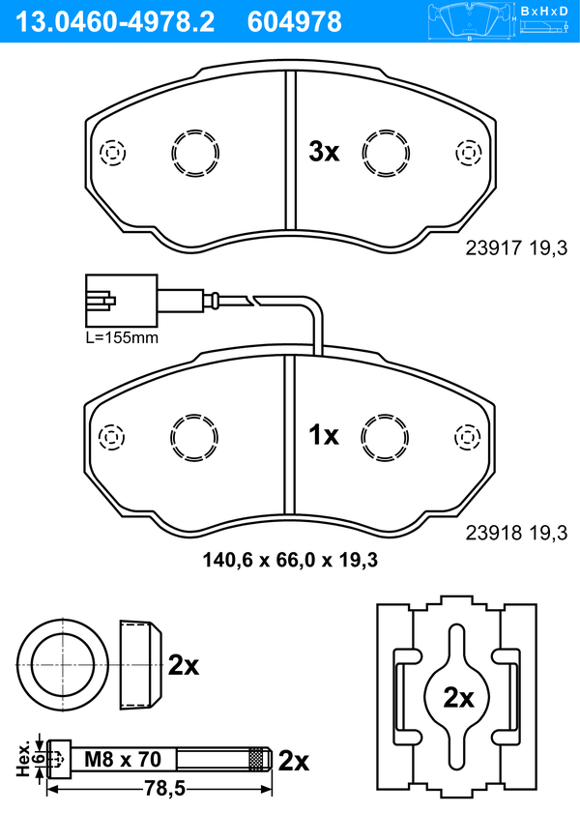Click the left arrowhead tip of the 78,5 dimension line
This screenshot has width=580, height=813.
click(47, 790)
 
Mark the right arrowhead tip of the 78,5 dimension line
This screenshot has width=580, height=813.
click(272, 790)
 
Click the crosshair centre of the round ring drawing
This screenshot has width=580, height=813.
click(63, 665)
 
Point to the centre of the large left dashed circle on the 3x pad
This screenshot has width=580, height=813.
click(195, 154)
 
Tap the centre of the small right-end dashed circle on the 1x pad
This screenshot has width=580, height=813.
click(468, 437)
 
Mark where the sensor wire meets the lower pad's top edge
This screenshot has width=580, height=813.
click(318, 355)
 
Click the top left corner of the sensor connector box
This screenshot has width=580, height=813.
click(86, 276)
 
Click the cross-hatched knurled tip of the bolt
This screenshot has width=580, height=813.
click(256, 760)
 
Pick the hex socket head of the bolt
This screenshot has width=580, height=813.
click(59, 759)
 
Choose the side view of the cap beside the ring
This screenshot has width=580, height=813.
click(140, 665)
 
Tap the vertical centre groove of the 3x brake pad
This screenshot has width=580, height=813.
click(290, 150)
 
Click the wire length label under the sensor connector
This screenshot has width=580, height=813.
click(122, 338)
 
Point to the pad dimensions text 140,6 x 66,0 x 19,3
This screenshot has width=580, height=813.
click(290, 560)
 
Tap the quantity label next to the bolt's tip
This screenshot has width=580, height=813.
click(294, 761)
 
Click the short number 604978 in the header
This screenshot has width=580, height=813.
click(295, 22)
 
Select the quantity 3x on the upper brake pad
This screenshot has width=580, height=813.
click(324, 152)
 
